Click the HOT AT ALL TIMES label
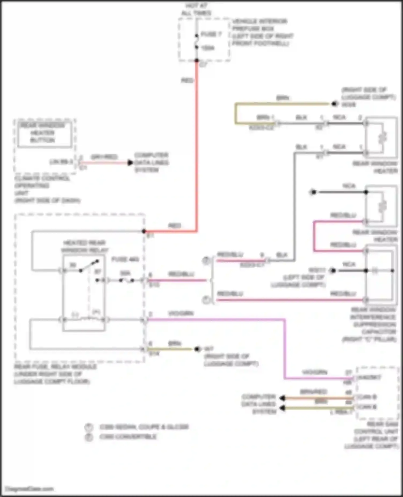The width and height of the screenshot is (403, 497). coord(196,9)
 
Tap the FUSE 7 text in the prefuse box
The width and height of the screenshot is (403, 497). coord(211,34)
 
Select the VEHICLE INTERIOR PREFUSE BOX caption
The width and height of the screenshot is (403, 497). coord(262,32)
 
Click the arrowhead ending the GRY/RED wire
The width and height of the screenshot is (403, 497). coord(130,163)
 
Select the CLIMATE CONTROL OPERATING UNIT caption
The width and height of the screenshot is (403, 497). coord(46,189)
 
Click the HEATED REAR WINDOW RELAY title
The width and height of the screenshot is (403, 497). coord(85,246)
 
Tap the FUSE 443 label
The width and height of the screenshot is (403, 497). coord(125,259)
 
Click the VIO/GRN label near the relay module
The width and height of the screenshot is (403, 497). coord(181,313)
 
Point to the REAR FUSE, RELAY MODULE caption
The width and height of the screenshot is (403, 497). coord(54,374)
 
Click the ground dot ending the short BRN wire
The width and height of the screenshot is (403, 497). coord(197,349)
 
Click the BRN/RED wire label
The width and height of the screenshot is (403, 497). coord(313,392)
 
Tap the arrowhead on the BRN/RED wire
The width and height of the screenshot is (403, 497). coord(282,398)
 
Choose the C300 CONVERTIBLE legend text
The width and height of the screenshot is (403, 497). coord(128,437)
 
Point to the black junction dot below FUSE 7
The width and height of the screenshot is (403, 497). coord(197,61)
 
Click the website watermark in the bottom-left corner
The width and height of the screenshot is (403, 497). coord(30,489)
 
